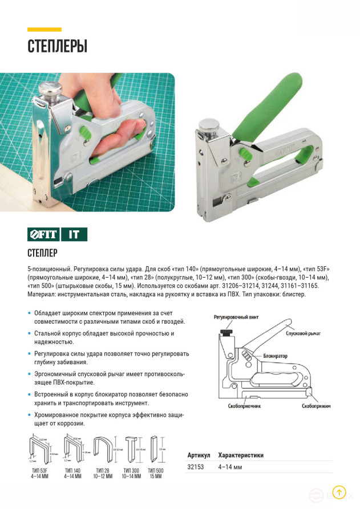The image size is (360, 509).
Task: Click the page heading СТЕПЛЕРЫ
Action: coord(57,46)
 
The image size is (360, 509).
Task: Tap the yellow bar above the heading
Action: coord(45,29)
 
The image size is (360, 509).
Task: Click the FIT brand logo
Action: coord(43,234)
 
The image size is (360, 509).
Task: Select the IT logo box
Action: coord(74,234)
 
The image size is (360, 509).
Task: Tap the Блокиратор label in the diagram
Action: coord(276,356)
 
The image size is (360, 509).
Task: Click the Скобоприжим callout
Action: coord(316,406)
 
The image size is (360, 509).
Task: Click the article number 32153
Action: coord(196,467)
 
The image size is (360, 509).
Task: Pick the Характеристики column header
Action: coord(241,455)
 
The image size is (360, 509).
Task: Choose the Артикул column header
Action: coord(199,455)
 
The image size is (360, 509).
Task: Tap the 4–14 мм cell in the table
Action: coord(230,467)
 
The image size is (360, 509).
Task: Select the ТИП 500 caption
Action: coord(155,473)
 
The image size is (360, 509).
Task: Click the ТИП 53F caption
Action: coord(39,473)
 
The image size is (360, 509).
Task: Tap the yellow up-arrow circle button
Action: coord(339,492)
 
